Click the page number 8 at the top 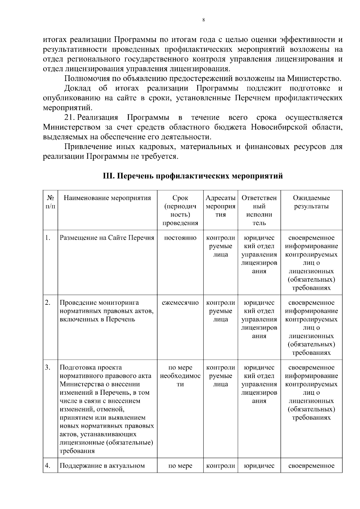click(x=204, y=20)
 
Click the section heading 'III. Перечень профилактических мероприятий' click(x=193, y=176)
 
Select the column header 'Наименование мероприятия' click(x=107, y=198)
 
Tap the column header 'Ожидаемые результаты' click(x=311, y=202)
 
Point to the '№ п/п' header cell click(x=50, y=202)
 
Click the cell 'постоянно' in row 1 click(x=180, y=238)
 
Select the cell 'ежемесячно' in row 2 click(x=180, y=303)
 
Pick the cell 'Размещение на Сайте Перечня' click(x=107, y=238)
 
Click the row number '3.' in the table click(x=48, y=367)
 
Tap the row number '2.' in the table click(x=48, y=302)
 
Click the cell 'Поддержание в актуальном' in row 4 click(x=102, y=466)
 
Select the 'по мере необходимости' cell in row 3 click(x=180, y=376)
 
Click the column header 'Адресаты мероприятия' click(x=220, y=206)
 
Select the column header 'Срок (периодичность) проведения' click(x=180, y=210)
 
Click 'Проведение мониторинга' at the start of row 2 click(x=99, y=303)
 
